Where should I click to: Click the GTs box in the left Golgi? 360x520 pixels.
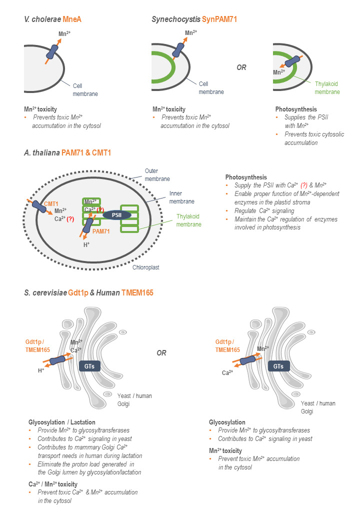point(90,365)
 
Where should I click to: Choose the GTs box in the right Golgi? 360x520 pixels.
point(278,365)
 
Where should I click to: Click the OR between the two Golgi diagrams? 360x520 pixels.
point(161,352)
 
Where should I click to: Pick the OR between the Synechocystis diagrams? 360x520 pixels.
point(241,67)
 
